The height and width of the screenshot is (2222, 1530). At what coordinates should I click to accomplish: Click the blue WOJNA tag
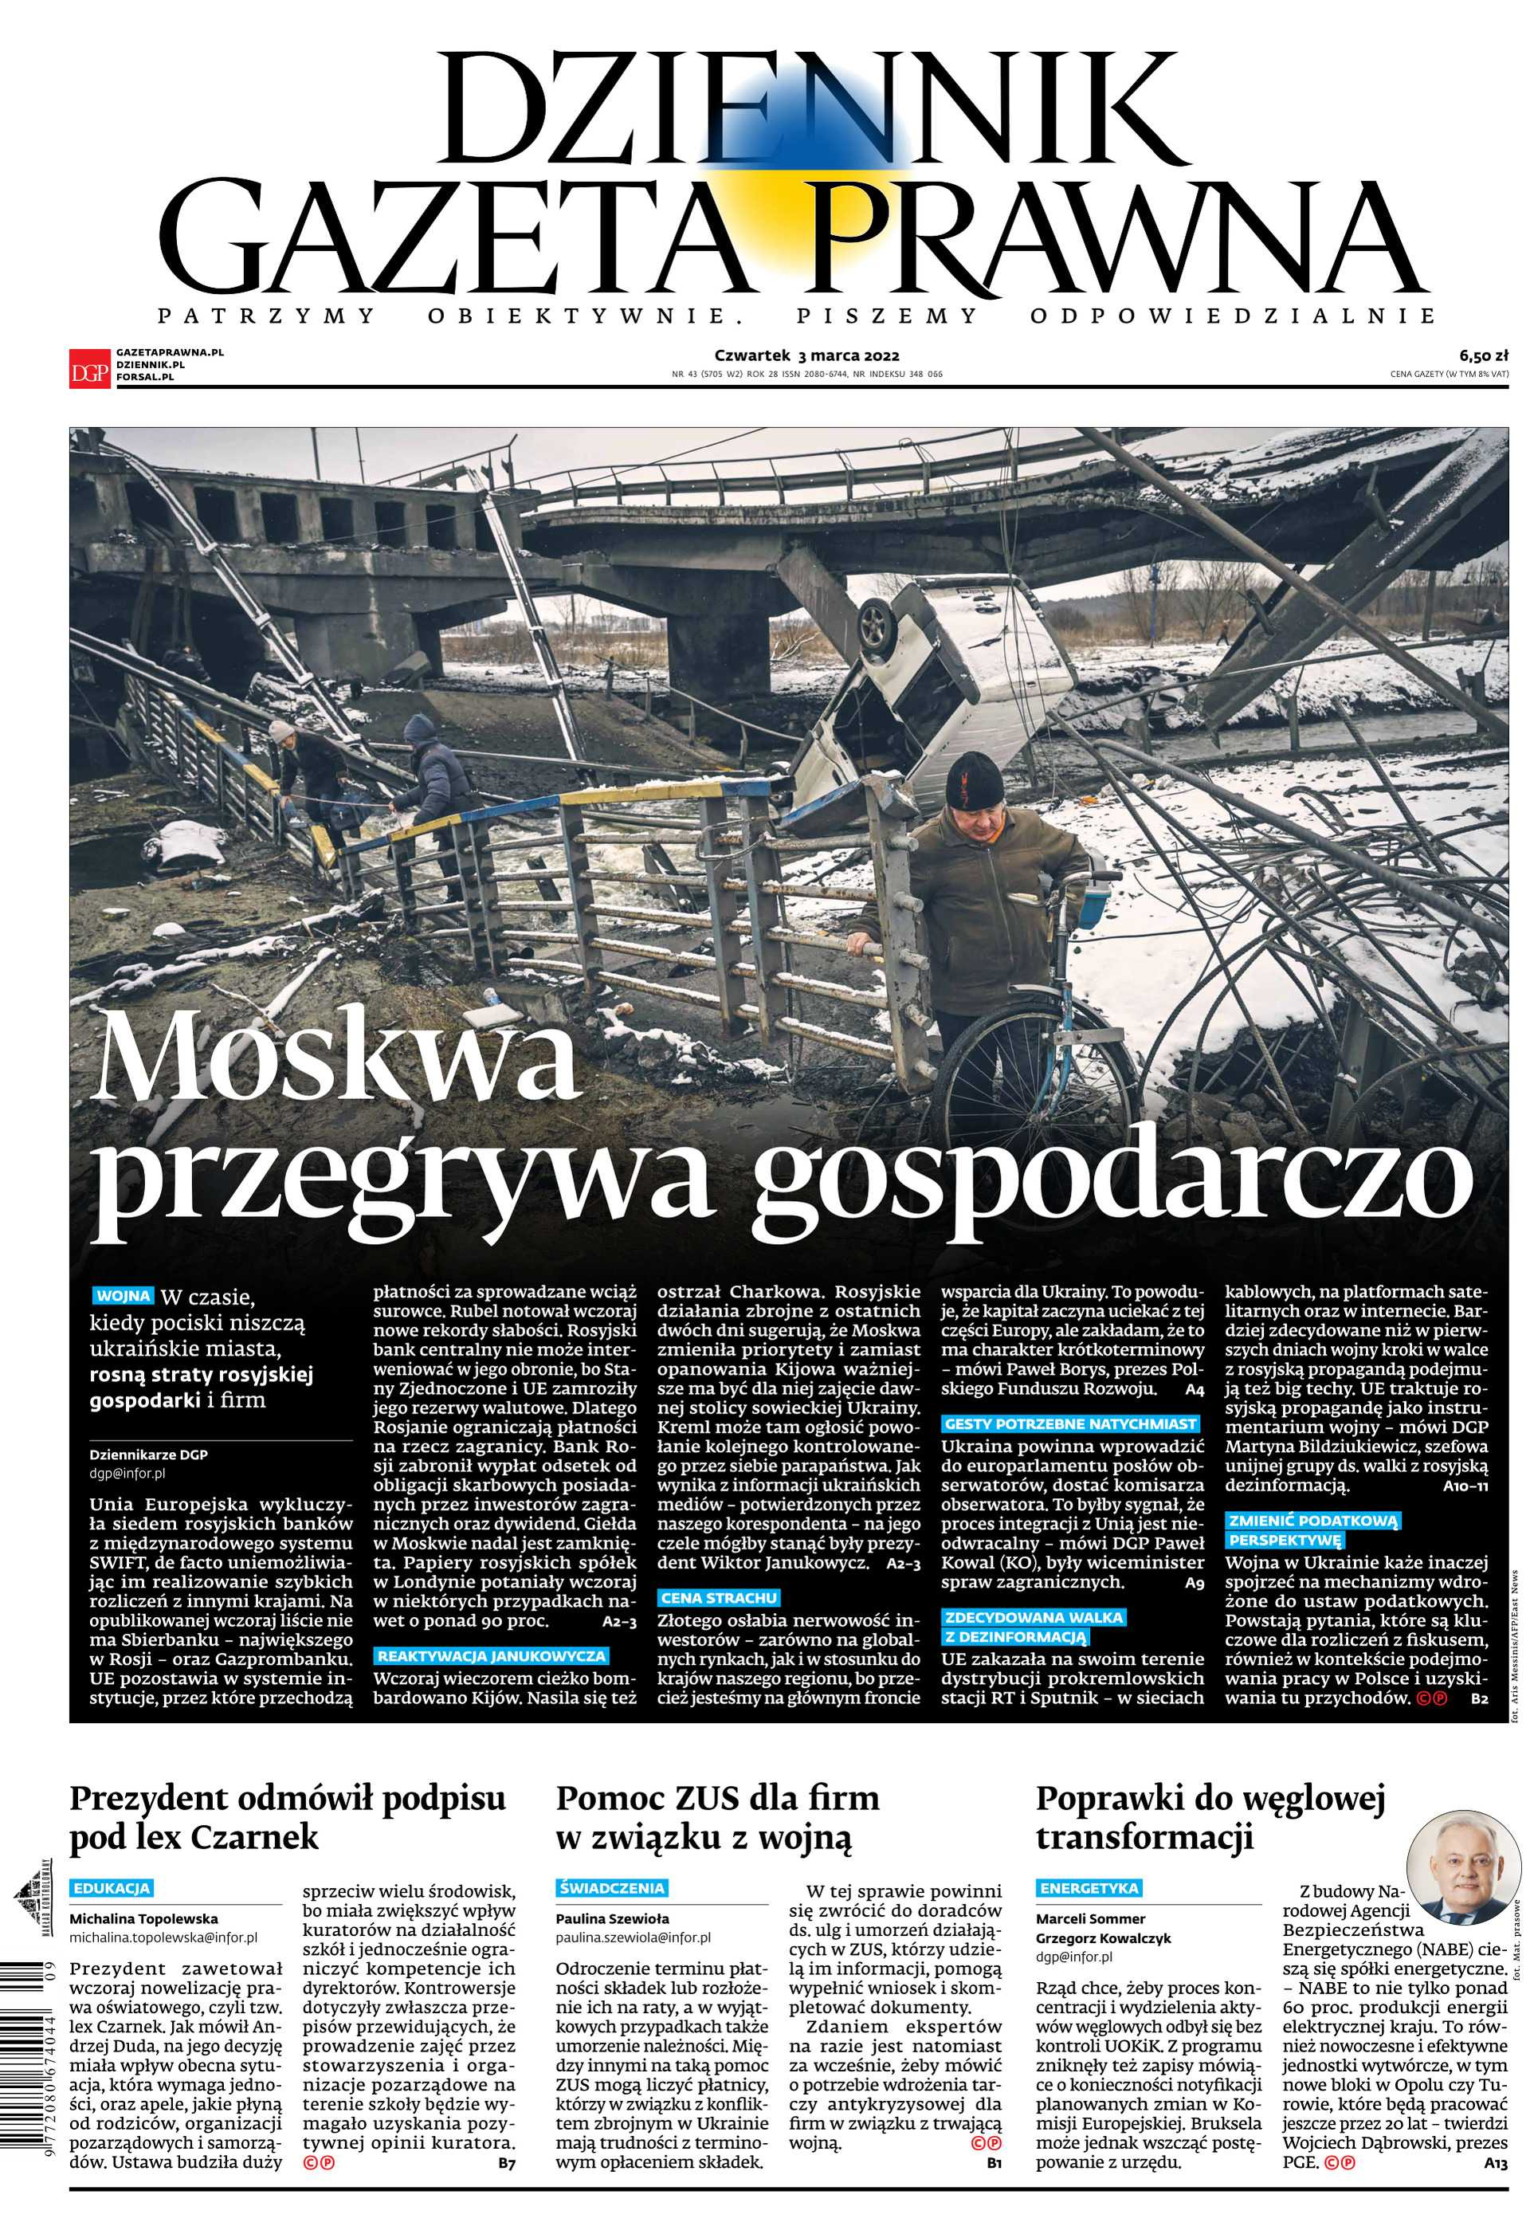[124, 1296]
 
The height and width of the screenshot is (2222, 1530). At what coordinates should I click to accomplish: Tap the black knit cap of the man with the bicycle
[973, 779]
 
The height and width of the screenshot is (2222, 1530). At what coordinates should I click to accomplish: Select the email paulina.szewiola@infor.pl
[633, 1937]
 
